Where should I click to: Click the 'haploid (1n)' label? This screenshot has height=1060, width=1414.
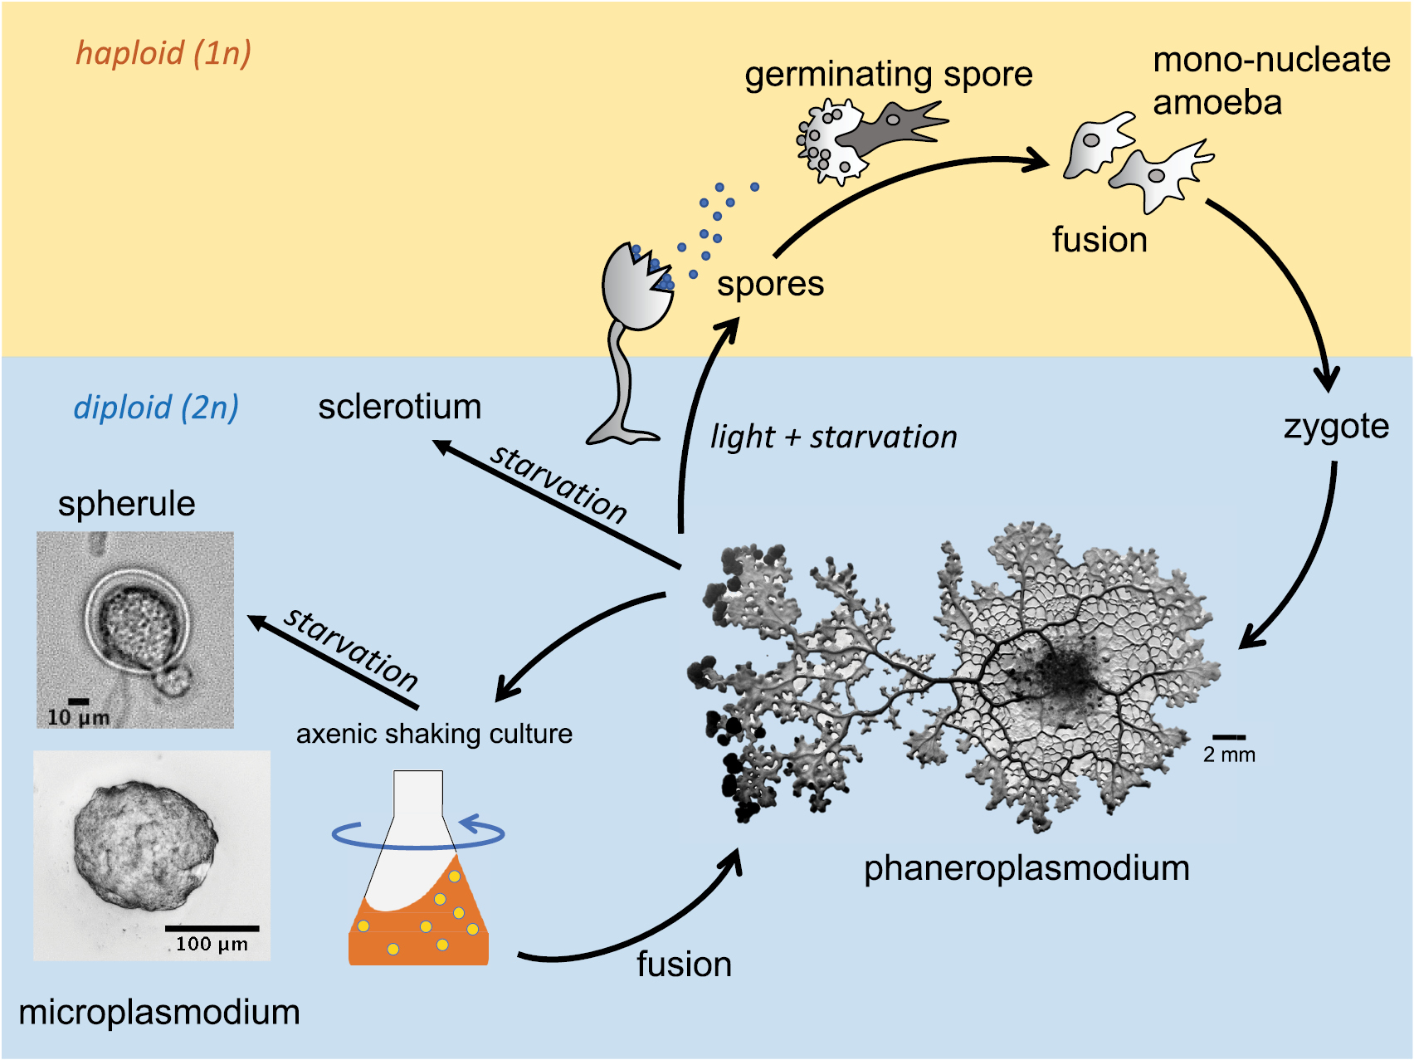coord(163,53)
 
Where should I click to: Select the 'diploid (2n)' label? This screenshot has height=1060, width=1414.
coord(156,408)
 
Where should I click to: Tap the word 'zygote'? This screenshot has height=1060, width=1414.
coord(1336,427)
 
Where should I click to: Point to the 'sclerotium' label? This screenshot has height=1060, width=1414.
coord(399,407)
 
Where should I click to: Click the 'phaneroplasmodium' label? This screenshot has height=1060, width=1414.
coord(1026,868)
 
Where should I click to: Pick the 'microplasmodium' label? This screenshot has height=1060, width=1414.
coord(158,1013)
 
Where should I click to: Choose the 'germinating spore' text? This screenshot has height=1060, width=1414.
coord(888,75)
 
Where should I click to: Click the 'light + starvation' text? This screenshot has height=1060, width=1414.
coord(833,437)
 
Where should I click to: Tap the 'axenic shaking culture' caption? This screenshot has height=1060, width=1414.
coord(434,734)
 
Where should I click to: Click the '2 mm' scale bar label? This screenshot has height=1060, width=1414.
coord(1229,755)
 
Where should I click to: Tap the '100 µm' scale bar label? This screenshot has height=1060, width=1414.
coord(212,944)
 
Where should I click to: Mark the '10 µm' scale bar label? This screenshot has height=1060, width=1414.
coord(78,717)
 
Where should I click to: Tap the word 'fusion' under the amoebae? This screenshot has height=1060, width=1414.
coord(1100,240)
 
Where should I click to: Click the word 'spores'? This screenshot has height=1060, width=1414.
coord(770,284)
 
